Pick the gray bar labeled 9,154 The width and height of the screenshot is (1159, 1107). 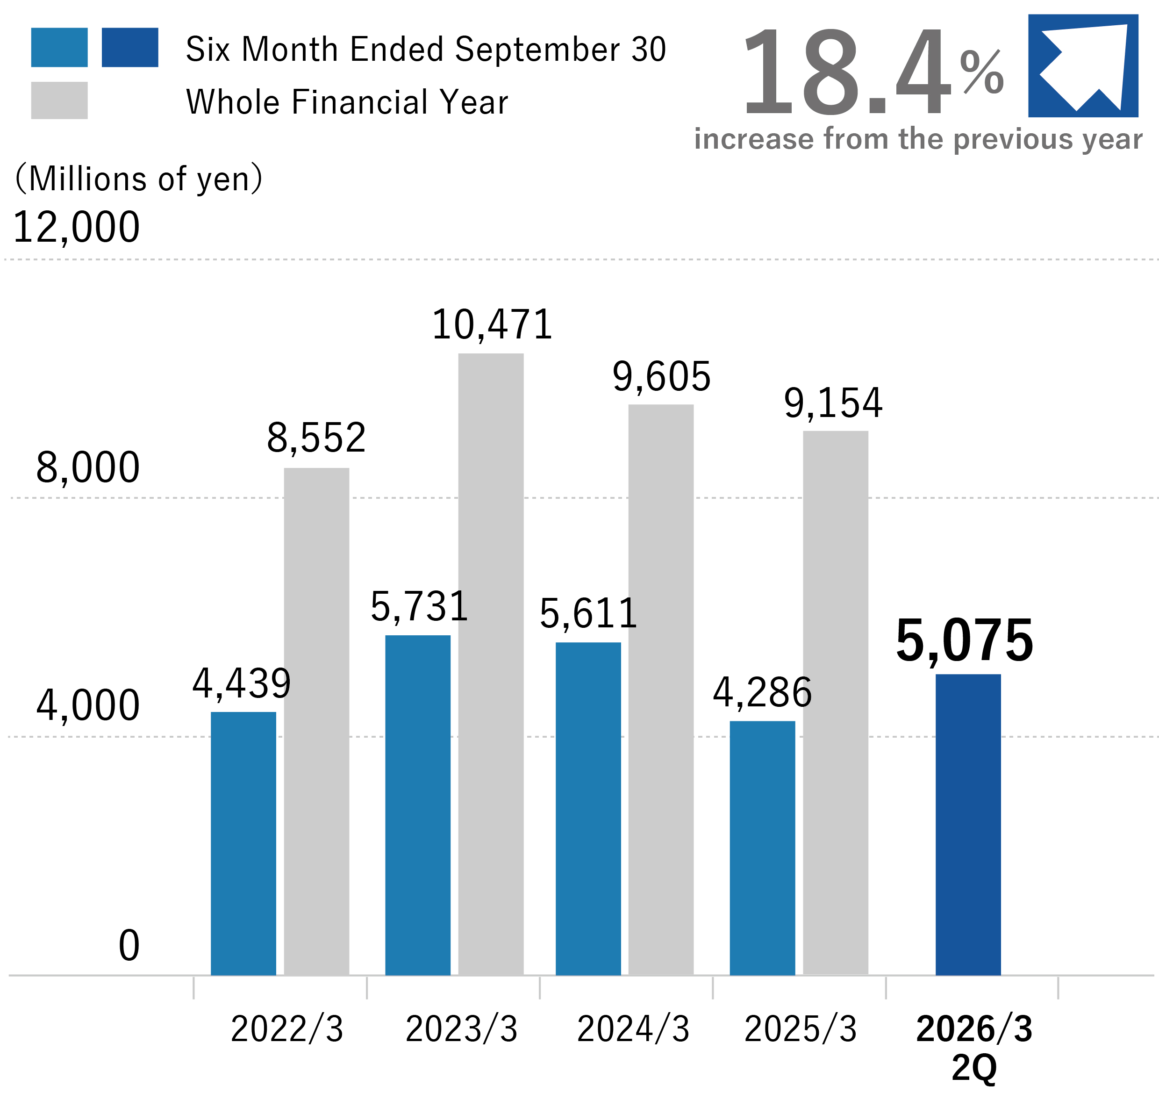click(x=835, y=702)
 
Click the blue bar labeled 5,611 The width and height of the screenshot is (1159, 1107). click(x=587, y=808)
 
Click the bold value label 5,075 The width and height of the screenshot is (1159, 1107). click(x=964, y=641)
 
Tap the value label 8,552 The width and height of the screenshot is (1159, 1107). click(x=316, y=438)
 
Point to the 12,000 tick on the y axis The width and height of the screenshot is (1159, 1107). click(x=76, y=227)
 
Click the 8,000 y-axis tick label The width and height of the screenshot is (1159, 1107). click(x=88, y=468)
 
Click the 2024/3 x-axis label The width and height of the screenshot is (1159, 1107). click(x=632, y=1029)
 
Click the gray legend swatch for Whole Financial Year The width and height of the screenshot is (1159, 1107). click(x=59, y=101)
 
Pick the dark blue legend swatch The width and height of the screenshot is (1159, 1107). click(x=130, y=47)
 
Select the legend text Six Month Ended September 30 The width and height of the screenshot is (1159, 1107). click(x=425, y=49)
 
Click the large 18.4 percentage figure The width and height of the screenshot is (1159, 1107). click(x=846, y=72)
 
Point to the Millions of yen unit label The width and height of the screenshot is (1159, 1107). click(x=139, y=178)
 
